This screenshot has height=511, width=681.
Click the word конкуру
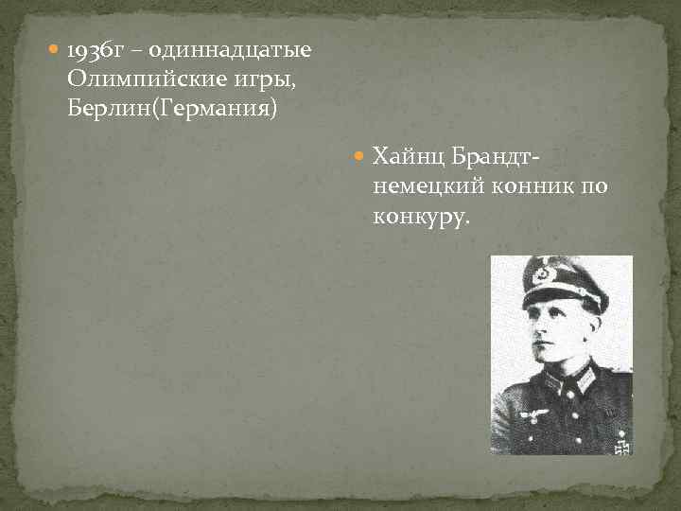(x=420, y=217)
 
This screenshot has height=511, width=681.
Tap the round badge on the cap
(x=543, y=274)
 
